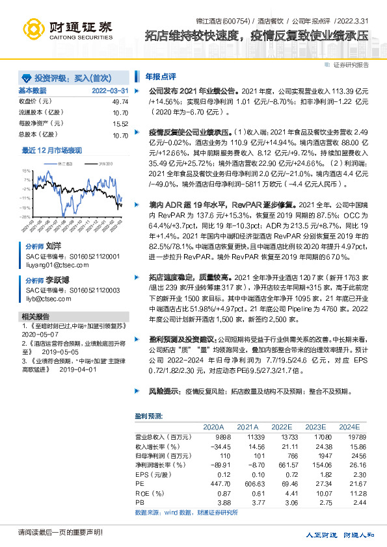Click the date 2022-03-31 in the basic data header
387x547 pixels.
click(x=110, y=90)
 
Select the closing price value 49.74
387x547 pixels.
click(x=120, y=102)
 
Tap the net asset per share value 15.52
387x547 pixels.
click(x=120, y=123)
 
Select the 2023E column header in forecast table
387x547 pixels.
click(x=315, y=427)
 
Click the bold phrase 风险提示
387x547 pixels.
click(x=162, y=392)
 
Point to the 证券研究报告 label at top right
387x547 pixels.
click(x=351, y=65)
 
